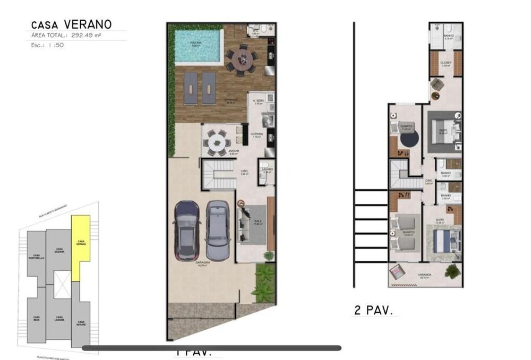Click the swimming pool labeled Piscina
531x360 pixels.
tap(198, 45)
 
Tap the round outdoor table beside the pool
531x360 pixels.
tap(242, 59)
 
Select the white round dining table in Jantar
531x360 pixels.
tap(216, 142)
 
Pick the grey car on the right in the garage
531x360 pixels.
tap(218, 230)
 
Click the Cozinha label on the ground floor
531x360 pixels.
tap(257, 135)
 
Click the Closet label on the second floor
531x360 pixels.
tap(446, 63)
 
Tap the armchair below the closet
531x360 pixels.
tap(436, 84)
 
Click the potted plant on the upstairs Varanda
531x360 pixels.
tap(452, 271)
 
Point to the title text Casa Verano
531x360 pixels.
tap(71, 24)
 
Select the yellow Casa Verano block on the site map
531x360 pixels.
tap(80, 246)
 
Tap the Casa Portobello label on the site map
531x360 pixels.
tap(37, 256)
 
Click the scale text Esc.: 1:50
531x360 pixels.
tap(46, 46)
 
